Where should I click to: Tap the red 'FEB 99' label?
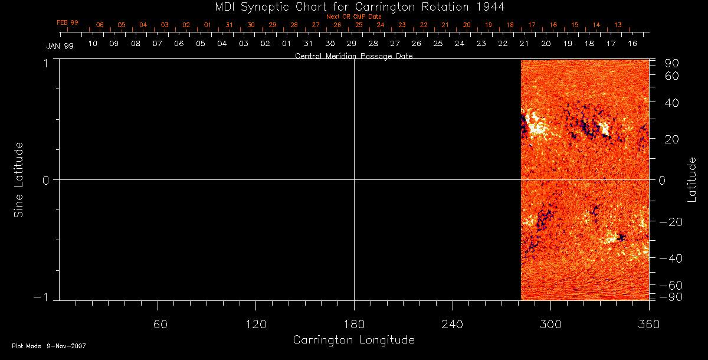point(67,22)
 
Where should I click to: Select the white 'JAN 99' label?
point(60,45)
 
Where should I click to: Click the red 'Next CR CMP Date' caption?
point(354,17)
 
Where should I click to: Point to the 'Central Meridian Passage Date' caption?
point(354,56)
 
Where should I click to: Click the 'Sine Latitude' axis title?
point(19,179)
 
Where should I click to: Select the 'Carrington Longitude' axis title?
point(354,340)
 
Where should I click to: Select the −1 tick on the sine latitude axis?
point(45,297)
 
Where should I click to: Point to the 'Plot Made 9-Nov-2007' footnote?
point(49,346)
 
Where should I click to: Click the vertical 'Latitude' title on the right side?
point(692,179)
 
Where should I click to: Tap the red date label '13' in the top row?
point(618,25)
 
